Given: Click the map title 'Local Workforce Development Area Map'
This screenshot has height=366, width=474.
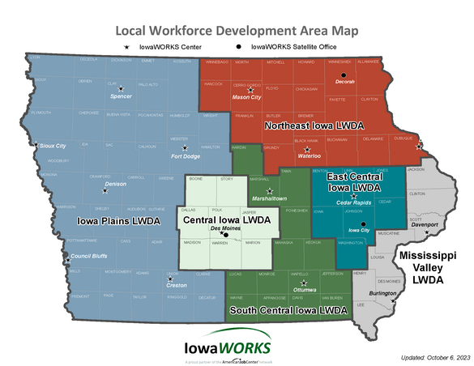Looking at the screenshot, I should (x=237, y=30).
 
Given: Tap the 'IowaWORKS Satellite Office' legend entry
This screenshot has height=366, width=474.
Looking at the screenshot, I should (x=297, y=48).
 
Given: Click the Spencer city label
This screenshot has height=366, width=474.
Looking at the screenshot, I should (x=121, y=96).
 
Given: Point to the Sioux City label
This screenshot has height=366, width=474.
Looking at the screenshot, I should (x=52, y=146).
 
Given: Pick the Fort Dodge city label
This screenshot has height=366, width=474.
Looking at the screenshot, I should (x=185, y=156).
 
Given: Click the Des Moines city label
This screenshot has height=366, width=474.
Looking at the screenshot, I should (x=226, y=228).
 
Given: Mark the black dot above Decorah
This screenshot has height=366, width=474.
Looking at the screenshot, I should (x=343, y=74).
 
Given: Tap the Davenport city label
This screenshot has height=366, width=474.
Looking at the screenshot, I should (x=425, y=224).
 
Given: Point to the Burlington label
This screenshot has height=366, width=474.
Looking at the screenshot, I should (x=383, y=294).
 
